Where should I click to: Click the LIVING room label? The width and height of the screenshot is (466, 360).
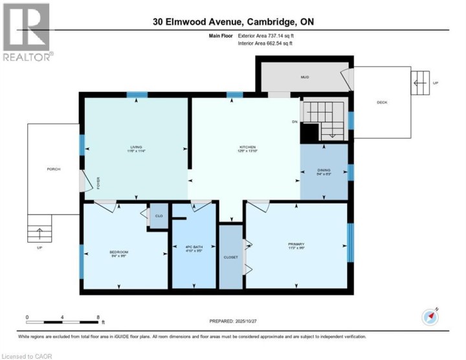coord(136,147)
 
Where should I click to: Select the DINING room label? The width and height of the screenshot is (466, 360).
coord(324,170)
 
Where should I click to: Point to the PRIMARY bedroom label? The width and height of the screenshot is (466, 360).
coord(296,244)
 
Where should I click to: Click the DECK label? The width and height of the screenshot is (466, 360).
coord(383,101)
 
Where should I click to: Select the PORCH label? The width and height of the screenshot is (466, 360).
coord(53,169)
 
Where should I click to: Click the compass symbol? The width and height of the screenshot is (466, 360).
coord(430,317)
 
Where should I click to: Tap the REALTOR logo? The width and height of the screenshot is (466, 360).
coord(27,33)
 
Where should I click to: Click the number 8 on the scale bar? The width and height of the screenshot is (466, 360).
coord(98,317)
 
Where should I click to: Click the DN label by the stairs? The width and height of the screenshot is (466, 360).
coord(294,121)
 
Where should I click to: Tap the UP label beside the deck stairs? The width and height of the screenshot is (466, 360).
coord(435,83)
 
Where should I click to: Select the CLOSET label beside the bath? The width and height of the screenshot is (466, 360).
coord(230,256)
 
